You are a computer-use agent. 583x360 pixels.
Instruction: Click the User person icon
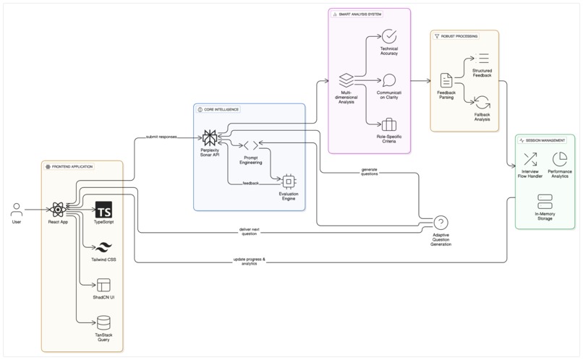[x=17, y=210]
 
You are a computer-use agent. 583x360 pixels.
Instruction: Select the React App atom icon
[x=59, y=210]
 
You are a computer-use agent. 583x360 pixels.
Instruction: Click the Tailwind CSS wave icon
[x=103, y=248]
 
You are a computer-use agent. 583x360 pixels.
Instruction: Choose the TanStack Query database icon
[x=103, y=322]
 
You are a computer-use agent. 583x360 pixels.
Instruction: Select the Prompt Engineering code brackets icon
[x=251, y=146]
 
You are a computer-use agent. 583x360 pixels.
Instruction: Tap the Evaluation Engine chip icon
[x=288, y=181]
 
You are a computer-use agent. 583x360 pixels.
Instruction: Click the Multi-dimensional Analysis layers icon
[x=346, y=80]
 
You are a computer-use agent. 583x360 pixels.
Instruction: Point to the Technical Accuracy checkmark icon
[x=389, y=36]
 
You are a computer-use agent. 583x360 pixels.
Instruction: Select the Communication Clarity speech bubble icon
[x=389, y=80]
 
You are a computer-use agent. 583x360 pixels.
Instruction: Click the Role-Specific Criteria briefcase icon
[x=389, y=124]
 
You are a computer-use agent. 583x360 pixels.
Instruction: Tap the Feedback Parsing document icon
[x=446, y=80]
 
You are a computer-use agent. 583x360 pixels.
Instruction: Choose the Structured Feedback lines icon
[x=482, y=59]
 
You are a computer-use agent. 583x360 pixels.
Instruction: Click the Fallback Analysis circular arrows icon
[x=482, y=103]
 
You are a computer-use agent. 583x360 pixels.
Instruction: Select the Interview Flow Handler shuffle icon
[x=530, y=159]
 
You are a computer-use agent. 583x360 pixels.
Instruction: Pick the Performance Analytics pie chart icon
[x=559, y=159]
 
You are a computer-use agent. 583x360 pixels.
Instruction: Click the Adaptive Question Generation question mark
[x=441, y=223]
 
